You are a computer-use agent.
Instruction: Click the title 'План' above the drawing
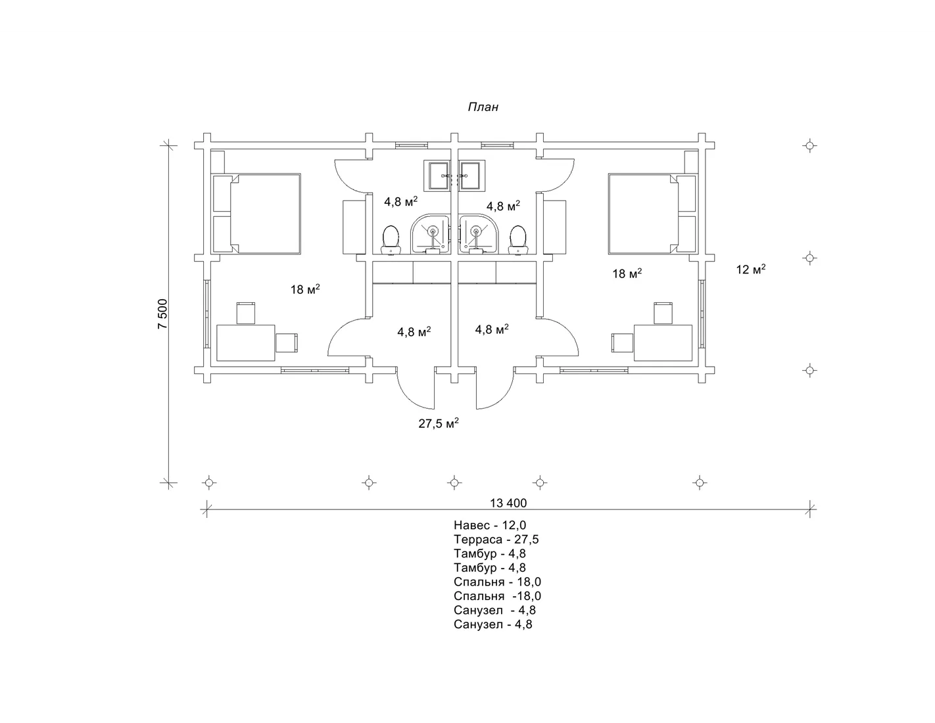click(x=483, y=106)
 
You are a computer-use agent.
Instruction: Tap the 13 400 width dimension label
click(x=508, y=503)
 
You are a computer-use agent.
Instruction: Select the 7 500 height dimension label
click(x=162, y=314)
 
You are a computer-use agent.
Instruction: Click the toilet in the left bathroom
click(x=391, y=239)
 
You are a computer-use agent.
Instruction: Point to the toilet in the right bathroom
click(x=517, y=239)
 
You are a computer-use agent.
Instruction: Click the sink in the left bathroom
click(x=437, y=175)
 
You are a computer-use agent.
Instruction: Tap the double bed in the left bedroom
click(x=256, y=214)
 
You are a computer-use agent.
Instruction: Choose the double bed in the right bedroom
click(x=652, y=214)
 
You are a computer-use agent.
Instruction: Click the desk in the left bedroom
click(x=246, y=343)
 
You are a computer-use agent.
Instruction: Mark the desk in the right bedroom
click(x=663, y=343)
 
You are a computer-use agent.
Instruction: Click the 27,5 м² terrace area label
click(x=439, y=423)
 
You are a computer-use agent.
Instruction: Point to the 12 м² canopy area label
click(x=751, y=269)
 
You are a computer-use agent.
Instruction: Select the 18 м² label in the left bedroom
click(x=305, y=289)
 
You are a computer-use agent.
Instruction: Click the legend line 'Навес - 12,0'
click(x=490, y=525)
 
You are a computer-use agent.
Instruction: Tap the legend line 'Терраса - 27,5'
click(x=496, y=540)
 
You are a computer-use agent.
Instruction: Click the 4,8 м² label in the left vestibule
click(x=414, y=332)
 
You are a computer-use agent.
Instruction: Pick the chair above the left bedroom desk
click(x=246, y=313)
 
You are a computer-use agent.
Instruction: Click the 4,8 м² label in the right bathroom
click(x=503, y=206)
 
